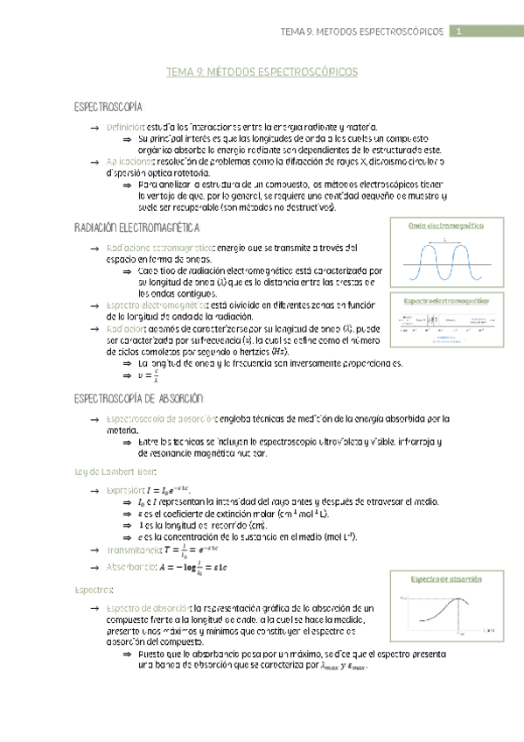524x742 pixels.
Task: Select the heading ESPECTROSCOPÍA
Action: coord(108,107)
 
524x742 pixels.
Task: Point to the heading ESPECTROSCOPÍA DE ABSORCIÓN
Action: coord(139,399)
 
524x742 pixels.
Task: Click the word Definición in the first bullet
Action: coord(125,128)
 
